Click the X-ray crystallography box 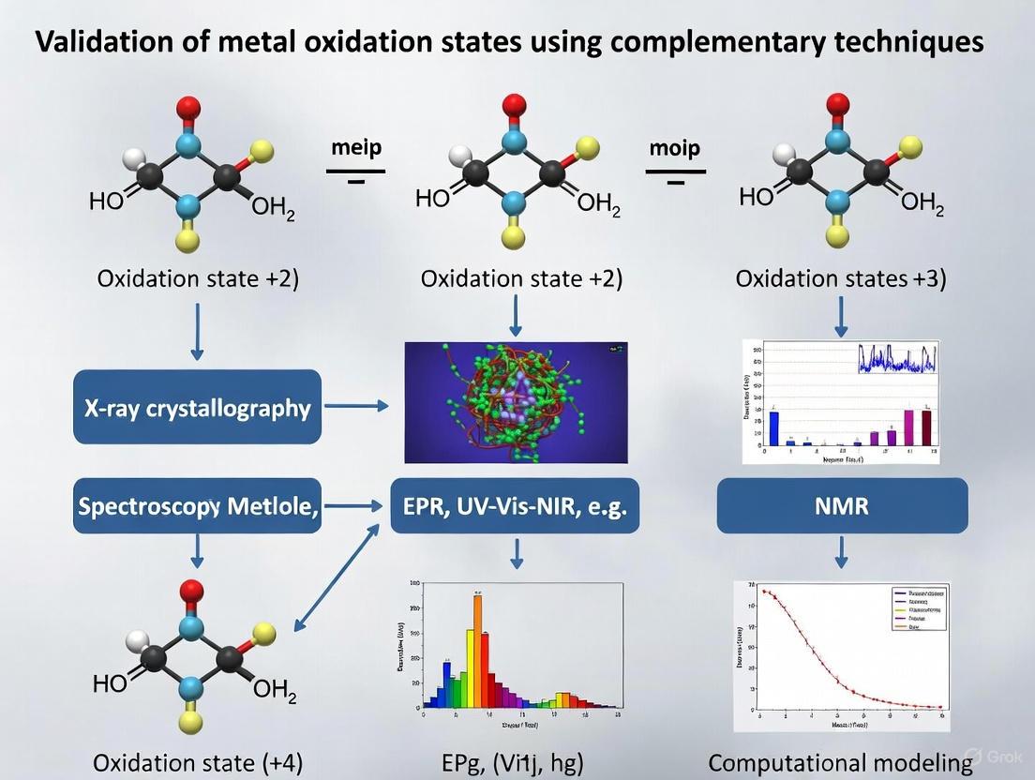pos(197,407)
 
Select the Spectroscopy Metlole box pos(197,506)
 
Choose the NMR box pos(841,506)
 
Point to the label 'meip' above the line pos(356,149)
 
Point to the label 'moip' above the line pos(674,149)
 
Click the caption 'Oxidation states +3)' pos(841,278)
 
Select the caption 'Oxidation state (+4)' pos(197,762)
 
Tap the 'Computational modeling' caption pos(841,762)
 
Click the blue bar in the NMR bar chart pos(774,427)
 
